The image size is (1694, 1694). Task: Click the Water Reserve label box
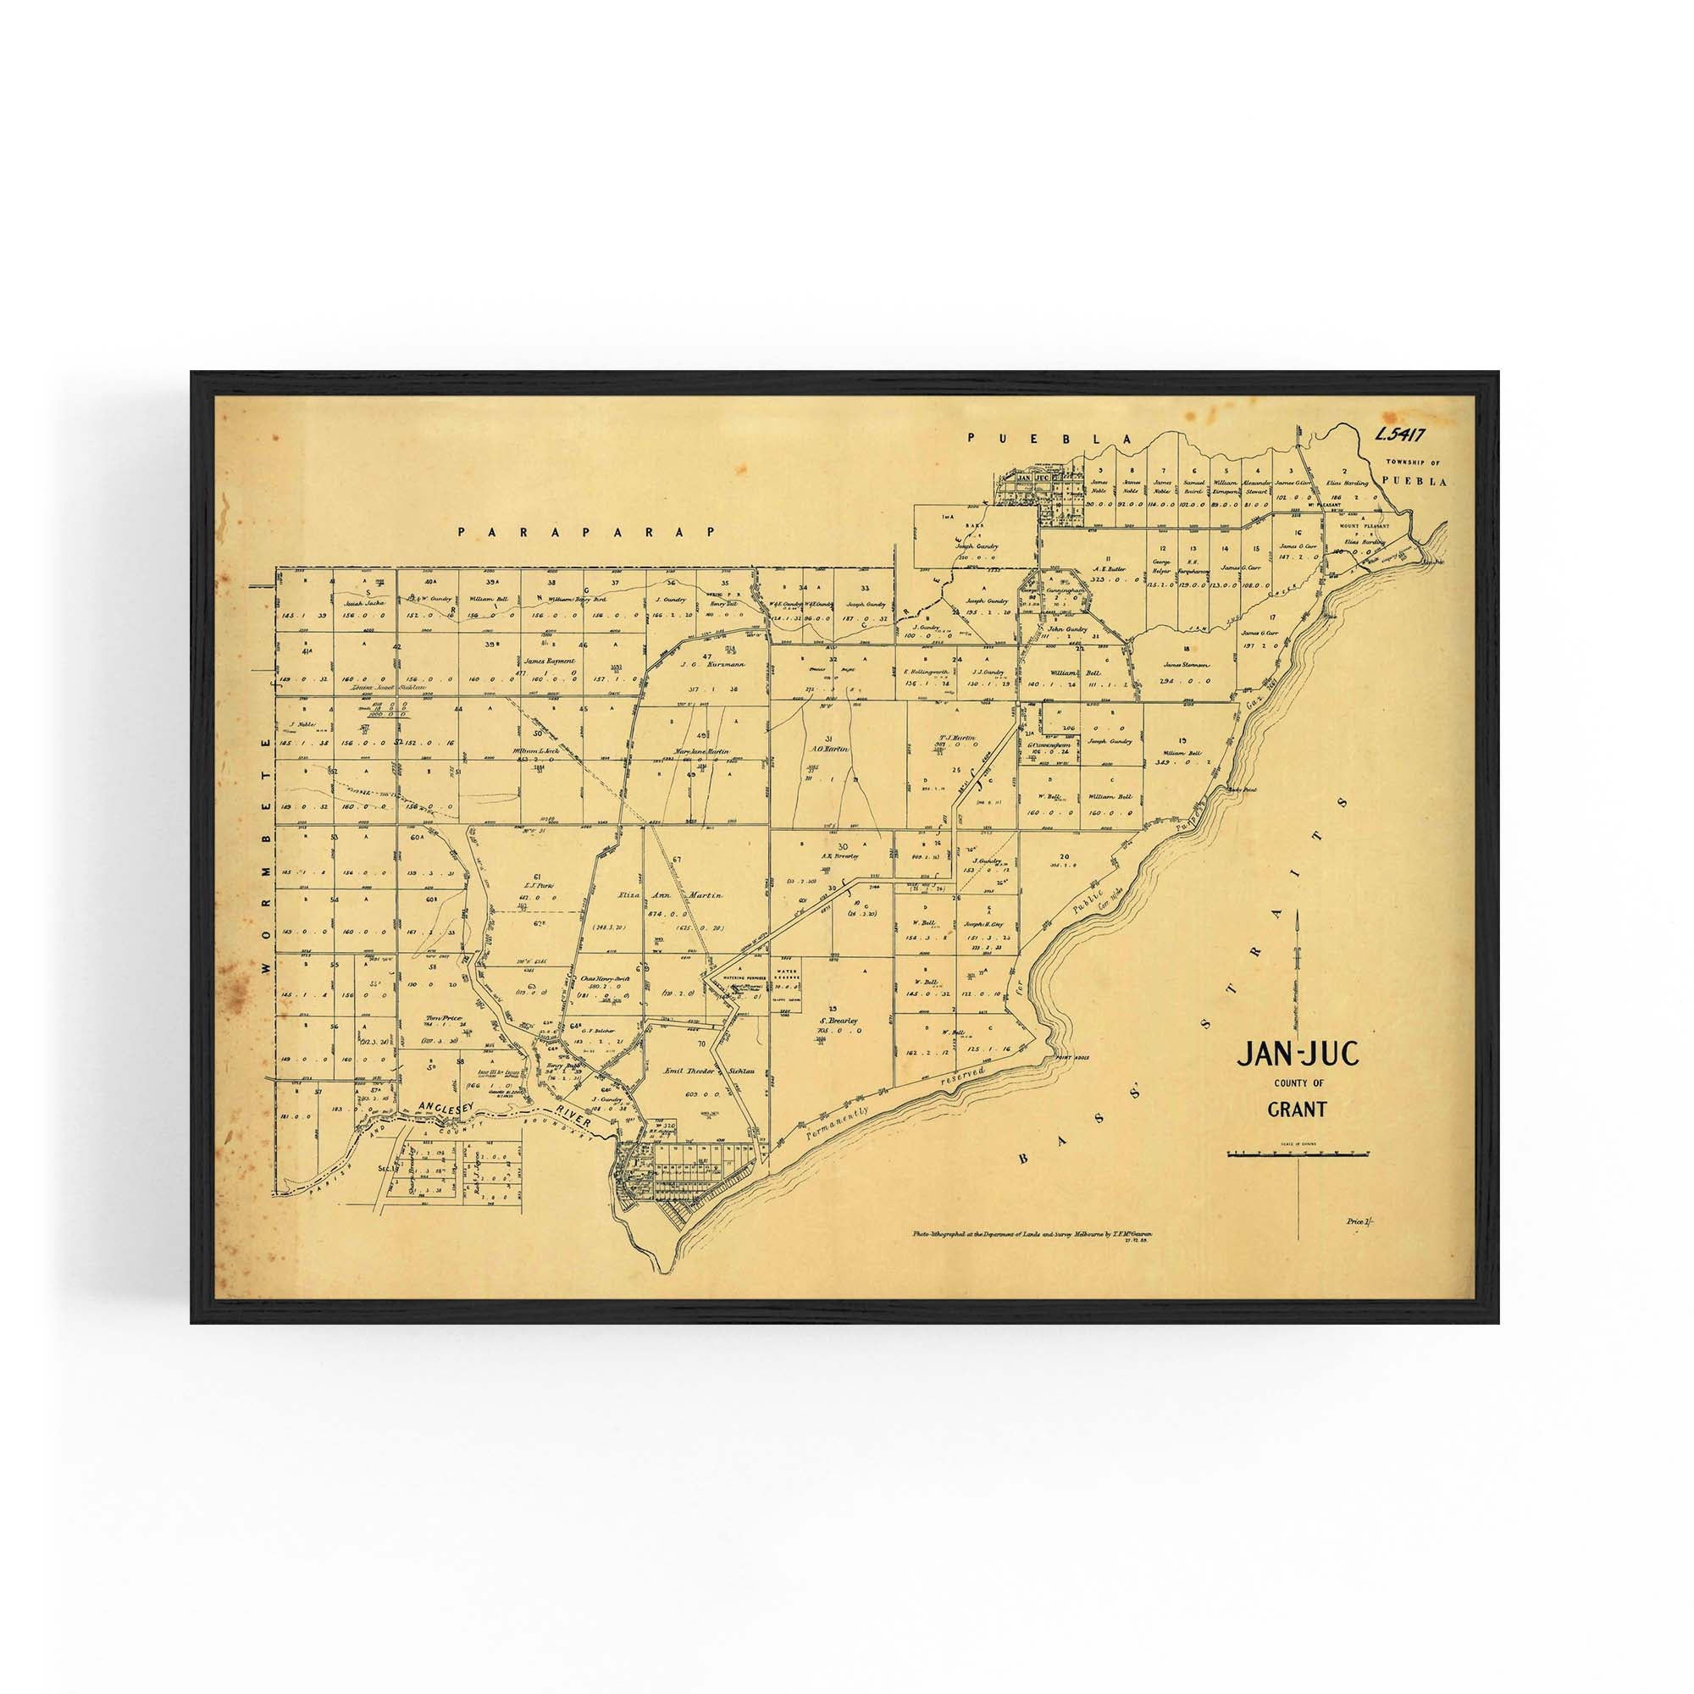click(786, 976)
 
